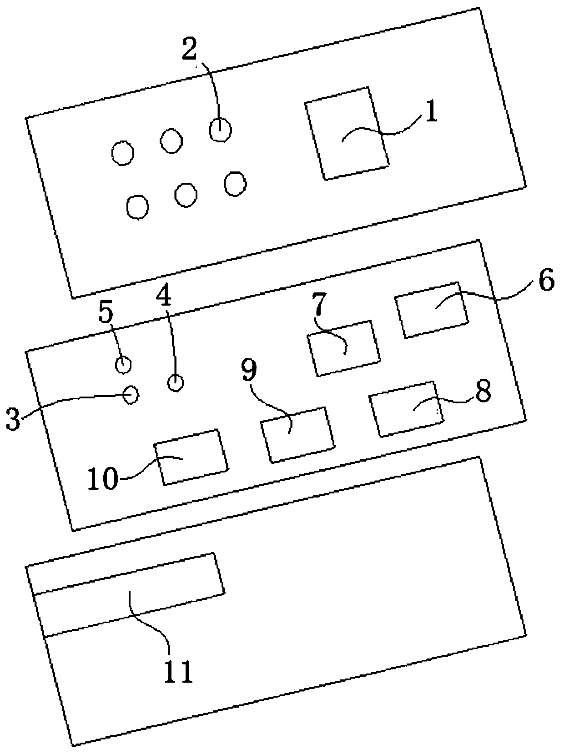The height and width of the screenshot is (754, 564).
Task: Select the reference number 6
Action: click(546, 281)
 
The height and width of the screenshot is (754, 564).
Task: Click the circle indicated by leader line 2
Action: click(220, 130)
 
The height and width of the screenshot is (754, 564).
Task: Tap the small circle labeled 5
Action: click(123, 364)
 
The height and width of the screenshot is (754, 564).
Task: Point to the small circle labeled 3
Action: click(131, 394)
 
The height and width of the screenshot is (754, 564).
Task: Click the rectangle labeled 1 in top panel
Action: click(347, 133)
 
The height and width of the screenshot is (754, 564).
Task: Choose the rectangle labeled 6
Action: click(432, 310)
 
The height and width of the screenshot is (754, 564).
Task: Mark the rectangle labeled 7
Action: click(344, 348)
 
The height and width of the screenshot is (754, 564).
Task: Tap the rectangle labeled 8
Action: click(407, 409)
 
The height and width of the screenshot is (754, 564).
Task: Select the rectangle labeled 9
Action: click(298, 435)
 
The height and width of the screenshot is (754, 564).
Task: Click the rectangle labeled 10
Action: click(191, 457)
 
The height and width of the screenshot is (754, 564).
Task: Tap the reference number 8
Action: click(483, 391)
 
